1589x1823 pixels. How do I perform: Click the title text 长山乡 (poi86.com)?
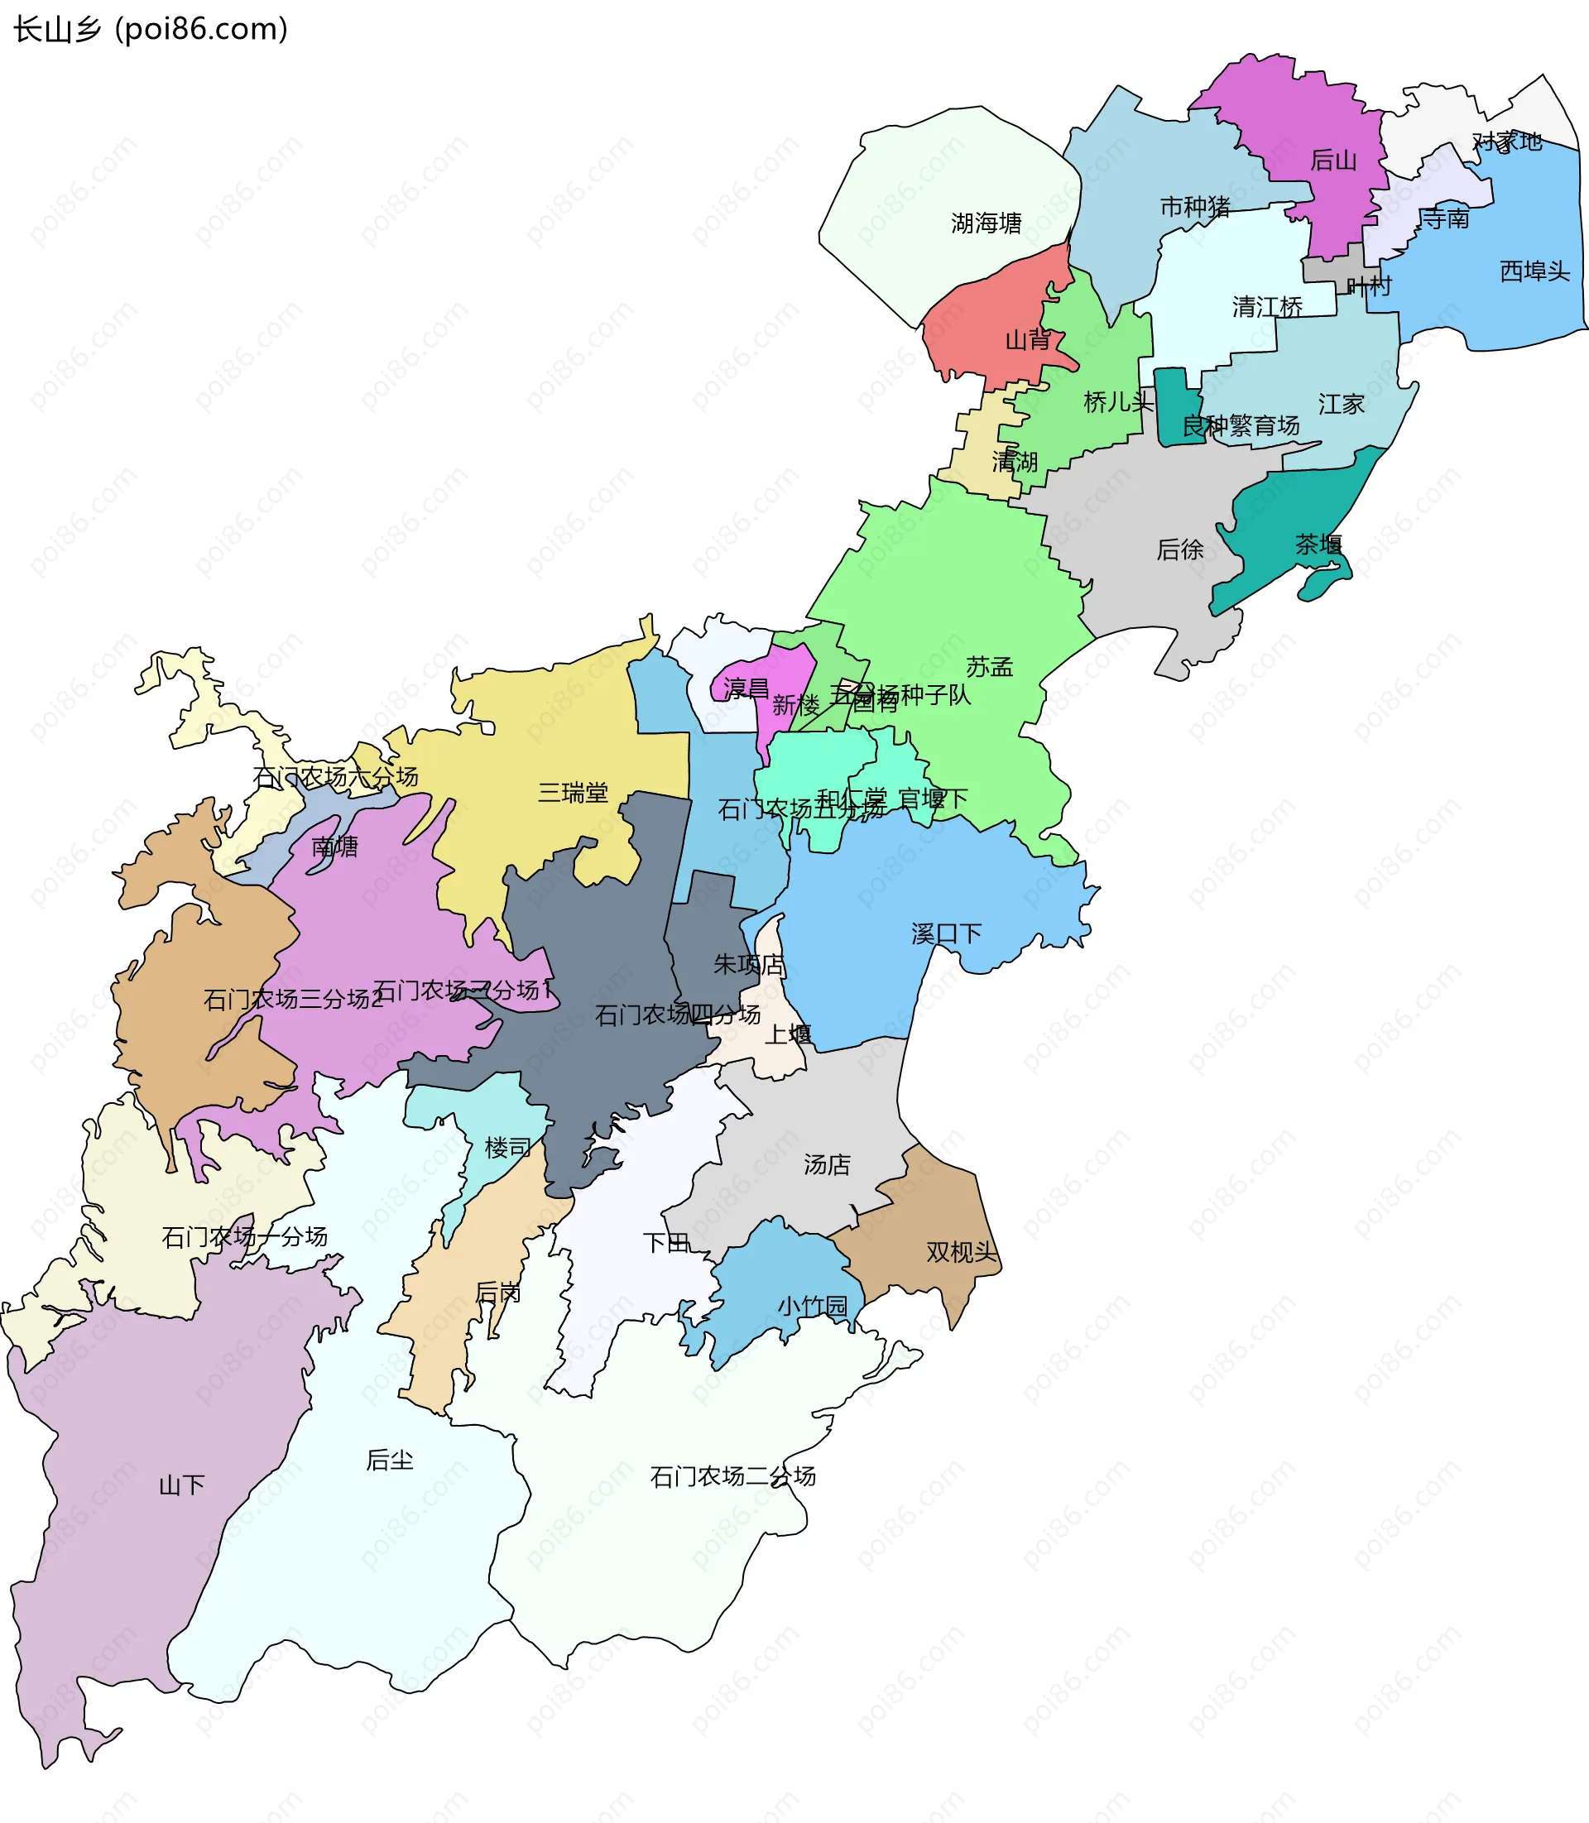pos(151,29)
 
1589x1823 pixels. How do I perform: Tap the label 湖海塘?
pos(986,223)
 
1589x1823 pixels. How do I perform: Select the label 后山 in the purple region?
pos(1333,161)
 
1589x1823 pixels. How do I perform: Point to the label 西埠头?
pos(1534,271)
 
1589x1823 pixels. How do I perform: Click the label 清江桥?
pos(1267,308)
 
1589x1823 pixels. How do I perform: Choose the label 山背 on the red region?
pos(1028,339)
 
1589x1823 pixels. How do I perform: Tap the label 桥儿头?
pos(1118,402)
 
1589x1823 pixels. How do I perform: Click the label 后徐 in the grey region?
pos(1179,550)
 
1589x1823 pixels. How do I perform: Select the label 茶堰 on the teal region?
pos(1318,545)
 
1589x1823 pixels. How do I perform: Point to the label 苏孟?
pos(989,667)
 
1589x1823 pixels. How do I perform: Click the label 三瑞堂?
pos(573,793)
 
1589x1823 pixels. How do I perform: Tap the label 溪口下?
pos(946,933)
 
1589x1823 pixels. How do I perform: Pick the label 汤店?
pos(827,1164)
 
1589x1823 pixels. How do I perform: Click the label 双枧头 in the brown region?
pos(962,1252)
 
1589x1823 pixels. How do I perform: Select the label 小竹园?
pos(812,1306)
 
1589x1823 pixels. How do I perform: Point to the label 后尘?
pos(389,1461)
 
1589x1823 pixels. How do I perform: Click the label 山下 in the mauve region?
pos(181,1485)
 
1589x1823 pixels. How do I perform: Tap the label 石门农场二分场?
pos(732,1476)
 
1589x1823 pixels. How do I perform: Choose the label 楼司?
pos(507,1149)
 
